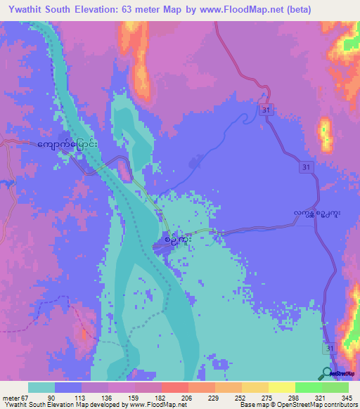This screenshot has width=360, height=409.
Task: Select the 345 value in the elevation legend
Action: (x=344, y=398)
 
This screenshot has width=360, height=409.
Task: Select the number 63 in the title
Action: (x=139, y=9)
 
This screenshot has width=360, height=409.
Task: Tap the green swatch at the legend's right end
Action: (x=335, y=387)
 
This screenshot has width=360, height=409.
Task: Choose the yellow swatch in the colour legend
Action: (x=282, y=387)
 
